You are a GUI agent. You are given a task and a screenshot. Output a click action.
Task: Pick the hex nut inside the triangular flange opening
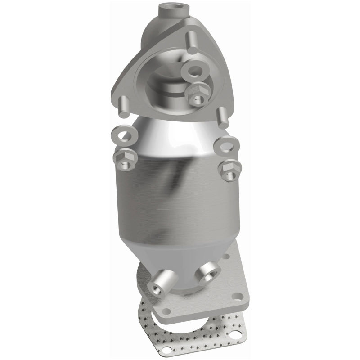[x=196, y=92]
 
